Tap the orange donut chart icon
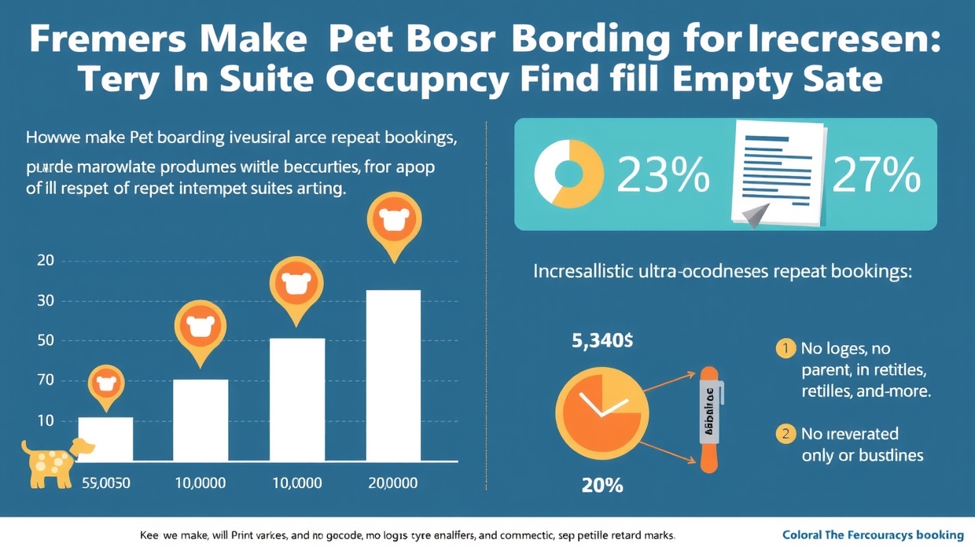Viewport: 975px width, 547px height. coord(568,174)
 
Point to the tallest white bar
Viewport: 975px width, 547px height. coord(393,376)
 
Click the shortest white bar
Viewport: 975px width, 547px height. coord(105,439)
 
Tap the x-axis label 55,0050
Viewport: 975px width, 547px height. coord(106,483)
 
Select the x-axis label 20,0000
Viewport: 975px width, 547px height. coord(392,483)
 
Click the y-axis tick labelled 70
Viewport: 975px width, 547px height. coord(46,380)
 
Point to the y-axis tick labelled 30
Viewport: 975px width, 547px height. coord(46,300)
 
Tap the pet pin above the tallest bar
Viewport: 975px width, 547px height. coord(394,224)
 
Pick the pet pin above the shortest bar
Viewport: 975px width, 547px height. coord(105,386)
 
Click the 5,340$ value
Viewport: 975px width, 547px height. coord(602,341)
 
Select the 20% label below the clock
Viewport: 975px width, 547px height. coord(602,485)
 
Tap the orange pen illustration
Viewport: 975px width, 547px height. coord(709,419)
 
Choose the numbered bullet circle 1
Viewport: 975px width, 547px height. coord(785,348)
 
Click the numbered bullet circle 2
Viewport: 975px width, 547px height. coord(785,433)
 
